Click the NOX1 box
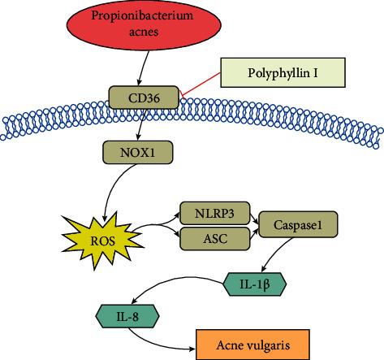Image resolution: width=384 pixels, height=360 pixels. tap(133, 151)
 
